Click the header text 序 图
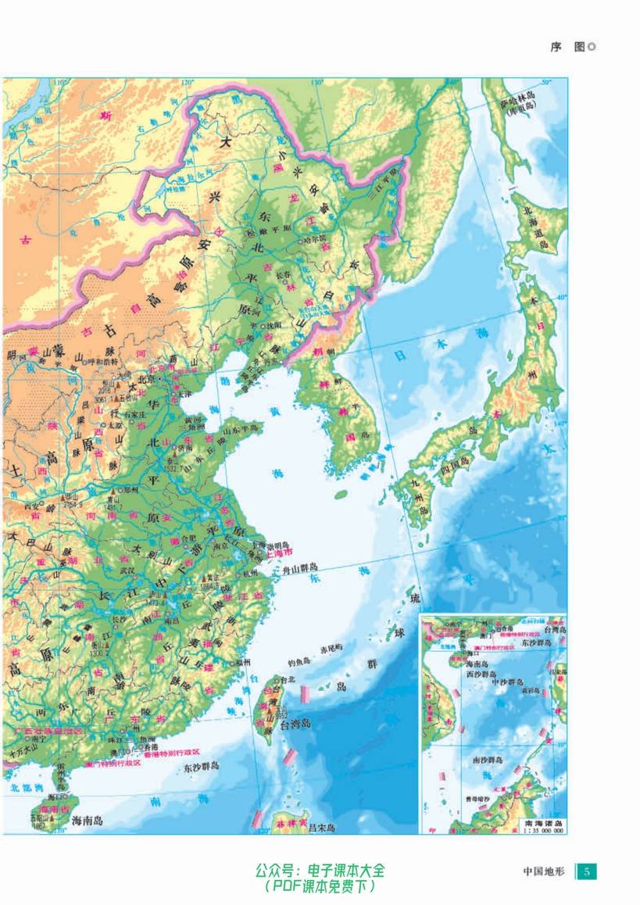click(567, 47)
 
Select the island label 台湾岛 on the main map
click(295, 723)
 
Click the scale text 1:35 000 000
click(544, 831)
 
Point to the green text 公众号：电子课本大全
click(320, 870)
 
